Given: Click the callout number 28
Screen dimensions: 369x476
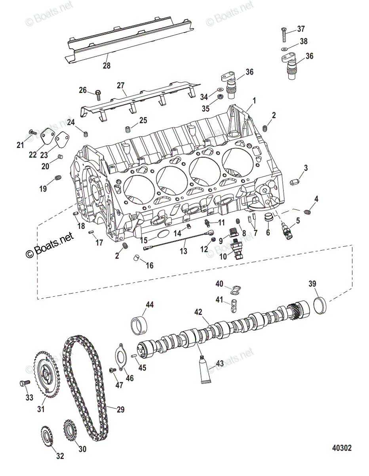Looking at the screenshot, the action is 107,66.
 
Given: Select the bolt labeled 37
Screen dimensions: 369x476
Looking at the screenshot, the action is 285,35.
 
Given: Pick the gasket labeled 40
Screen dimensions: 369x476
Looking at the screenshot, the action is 236,291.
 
